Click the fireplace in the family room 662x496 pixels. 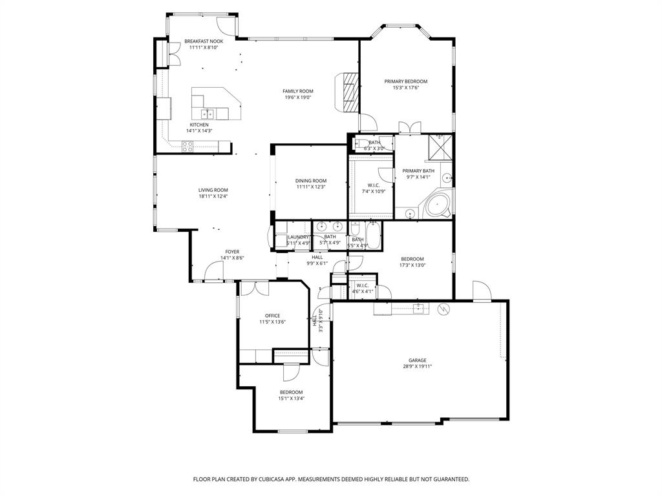(349, 91)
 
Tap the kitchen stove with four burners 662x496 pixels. (187, 147)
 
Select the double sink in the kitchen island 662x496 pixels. (209, 114)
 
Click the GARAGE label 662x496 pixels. (417, 360)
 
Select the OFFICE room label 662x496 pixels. (272, 316)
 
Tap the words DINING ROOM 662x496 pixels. (311, 181)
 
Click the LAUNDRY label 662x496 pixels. (298, 238)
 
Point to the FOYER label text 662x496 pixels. (232, 252)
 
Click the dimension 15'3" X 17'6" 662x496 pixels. (406, 88)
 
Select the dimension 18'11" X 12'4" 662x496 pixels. (213, 196)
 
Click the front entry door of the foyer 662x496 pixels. (214, 272)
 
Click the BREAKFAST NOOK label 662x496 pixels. (204, 41)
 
